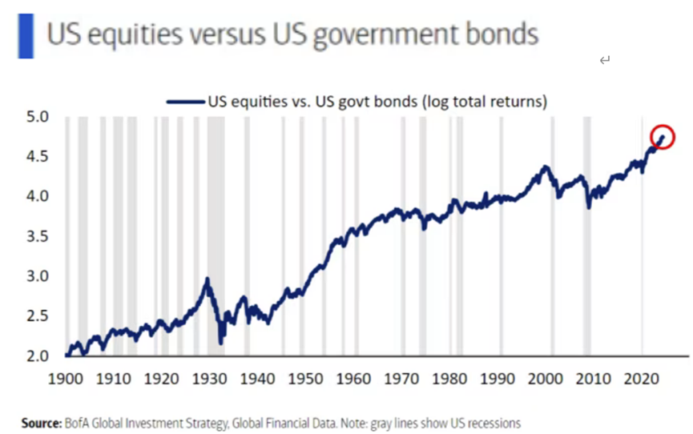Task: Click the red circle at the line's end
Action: point(663,137)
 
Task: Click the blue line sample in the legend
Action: point(185,102)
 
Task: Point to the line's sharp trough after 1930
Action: point(220,344)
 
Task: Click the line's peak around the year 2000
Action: point(546,167)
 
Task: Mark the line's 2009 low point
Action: point(589,207)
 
